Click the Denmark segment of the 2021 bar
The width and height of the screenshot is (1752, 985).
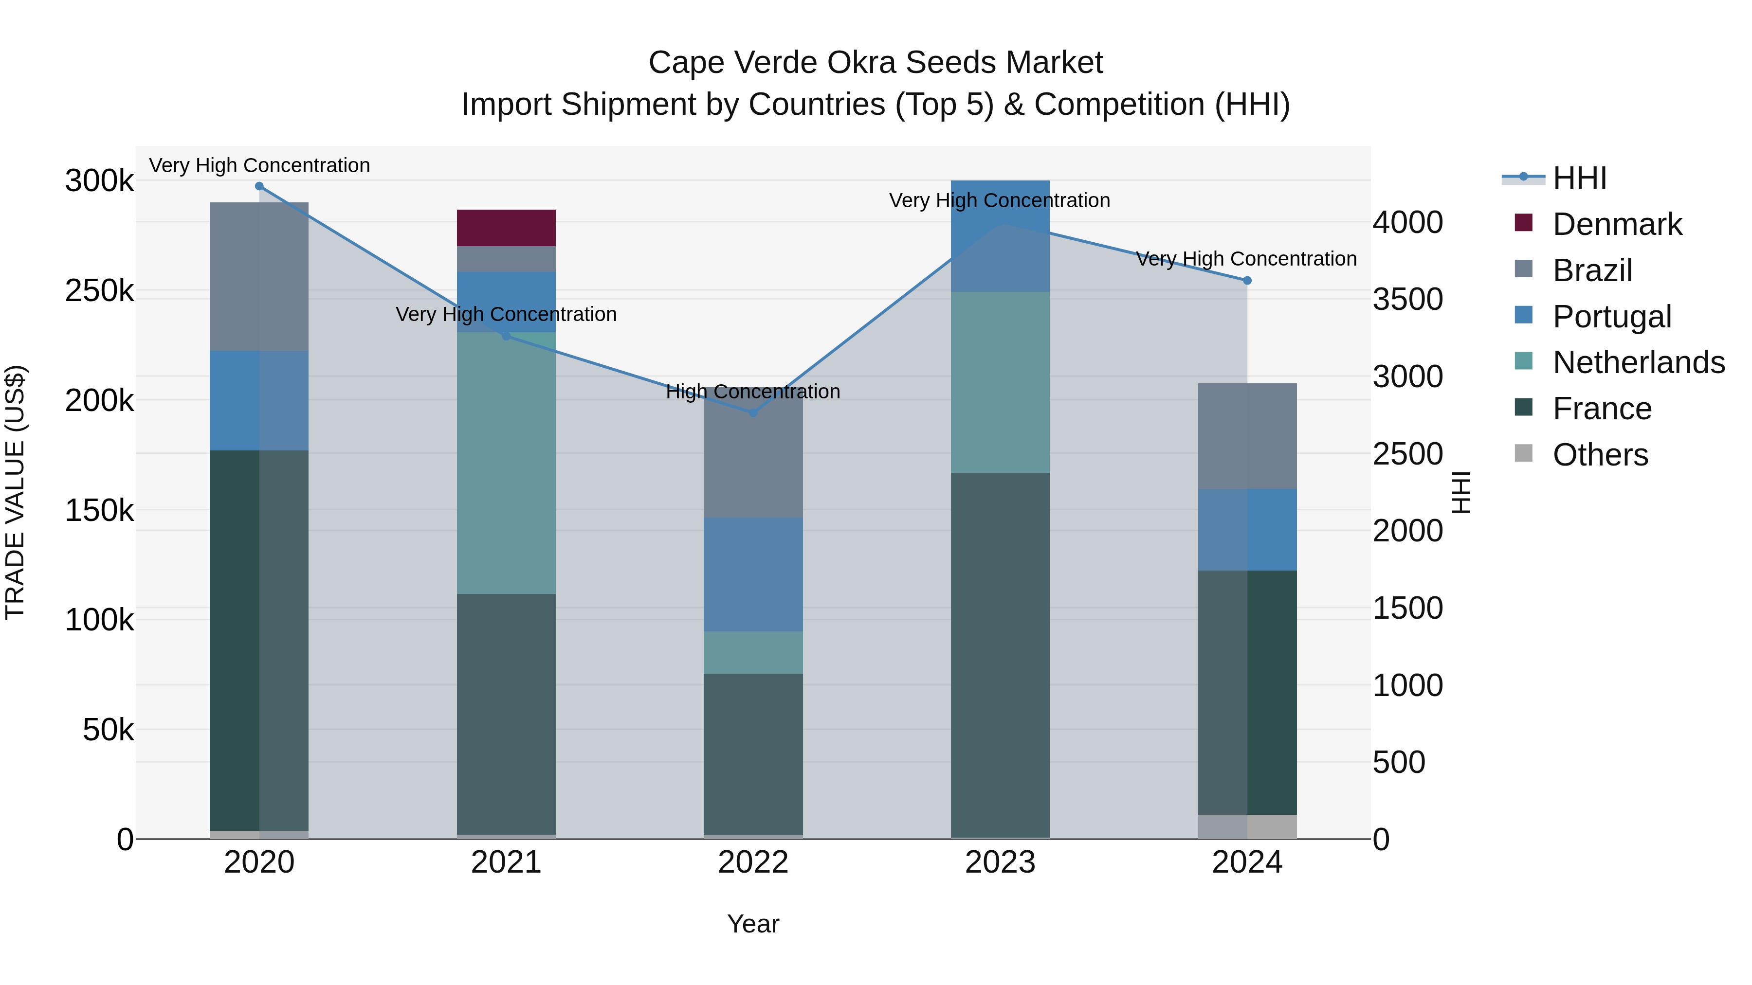pos(506,228)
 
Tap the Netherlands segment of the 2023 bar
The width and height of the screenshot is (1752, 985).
pos(1000,382)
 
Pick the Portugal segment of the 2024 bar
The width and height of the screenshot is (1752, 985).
pos(1247,530)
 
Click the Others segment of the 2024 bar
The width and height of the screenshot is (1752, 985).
pos(1247,826)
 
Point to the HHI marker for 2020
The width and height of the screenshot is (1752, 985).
pos(259,186)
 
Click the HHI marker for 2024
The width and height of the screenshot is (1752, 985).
pos(1247,281)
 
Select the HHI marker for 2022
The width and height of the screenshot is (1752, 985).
pos(753,412)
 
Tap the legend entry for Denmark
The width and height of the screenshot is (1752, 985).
pos(1617,224)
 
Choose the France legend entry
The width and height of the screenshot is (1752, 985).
pos(1602,409)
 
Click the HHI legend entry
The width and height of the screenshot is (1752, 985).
pos(1579,178)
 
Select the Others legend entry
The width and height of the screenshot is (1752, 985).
pos(1600,455)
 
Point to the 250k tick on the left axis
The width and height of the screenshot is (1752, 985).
pos(99,291)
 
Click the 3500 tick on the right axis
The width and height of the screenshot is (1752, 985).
pos(1407,299)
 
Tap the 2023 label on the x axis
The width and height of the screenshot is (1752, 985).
pos(1000,862)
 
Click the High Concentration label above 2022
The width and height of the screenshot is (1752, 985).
pos(753,392)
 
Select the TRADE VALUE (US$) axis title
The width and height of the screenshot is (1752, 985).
pos(15,492)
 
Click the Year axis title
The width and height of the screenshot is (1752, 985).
pos(753,924)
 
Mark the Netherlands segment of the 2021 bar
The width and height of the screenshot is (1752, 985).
pos(506,462)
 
